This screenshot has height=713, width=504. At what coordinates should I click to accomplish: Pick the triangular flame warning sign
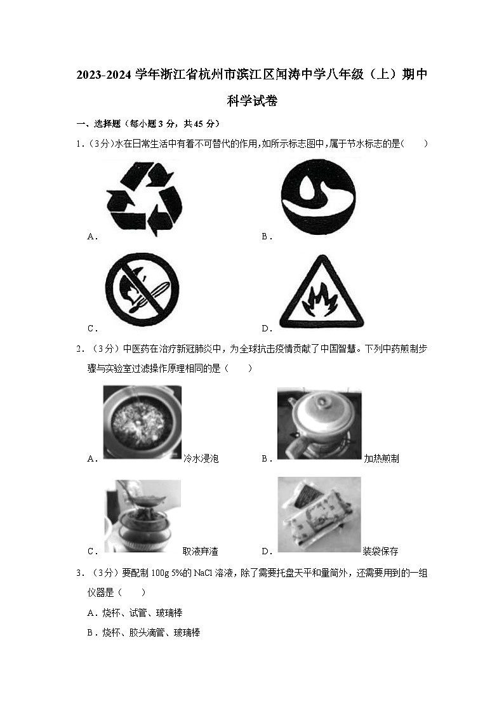click(x=321, y=291)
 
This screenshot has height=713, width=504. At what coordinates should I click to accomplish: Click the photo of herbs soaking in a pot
click(x=142, y=422)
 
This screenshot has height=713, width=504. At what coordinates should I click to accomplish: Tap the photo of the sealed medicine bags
click(x=319, y=514)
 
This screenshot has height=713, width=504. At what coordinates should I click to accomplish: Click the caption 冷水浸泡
click(x=201, y=458)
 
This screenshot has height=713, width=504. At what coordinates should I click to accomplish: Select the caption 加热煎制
click(x=381, y=458)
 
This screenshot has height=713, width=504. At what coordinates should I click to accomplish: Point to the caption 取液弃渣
click(x=201, y=551)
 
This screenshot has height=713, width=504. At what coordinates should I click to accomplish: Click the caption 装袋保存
click(x=381, y=551)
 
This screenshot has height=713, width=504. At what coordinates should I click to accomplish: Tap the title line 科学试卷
click(x=252, y=100)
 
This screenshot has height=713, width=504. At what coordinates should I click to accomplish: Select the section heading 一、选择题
click(x=100, y=123)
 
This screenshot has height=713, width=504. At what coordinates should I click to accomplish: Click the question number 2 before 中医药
click(x=79, y=349)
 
